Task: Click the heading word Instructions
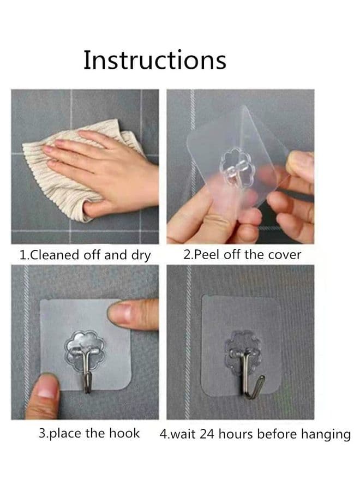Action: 155,60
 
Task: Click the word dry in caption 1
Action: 141,256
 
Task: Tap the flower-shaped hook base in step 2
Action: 237,168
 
